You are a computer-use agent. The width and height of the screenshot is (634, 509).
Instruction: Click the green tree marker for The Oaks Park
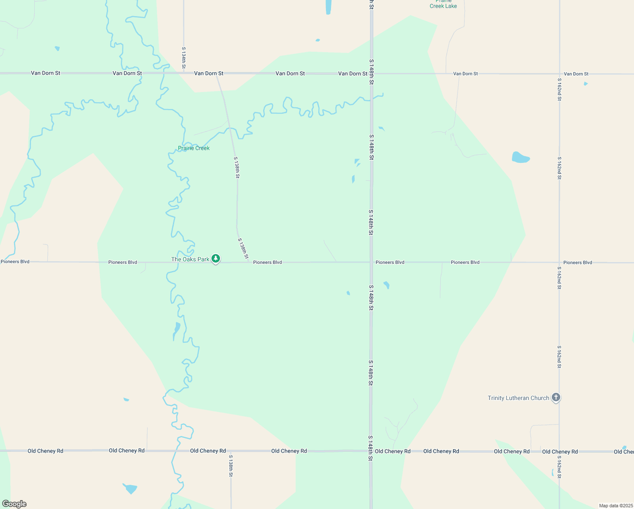216,258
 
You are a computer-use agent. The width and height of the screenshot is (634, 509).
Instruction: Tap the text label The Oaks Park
190,259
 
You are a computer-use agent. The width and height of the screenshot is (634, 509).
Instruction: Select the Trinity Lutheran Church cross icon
556,397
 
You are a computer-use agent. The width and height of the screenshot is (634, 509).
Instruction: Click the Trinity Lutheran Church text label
518,398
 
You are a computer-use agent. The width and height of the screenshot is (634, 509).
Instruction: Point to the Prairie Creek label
194,148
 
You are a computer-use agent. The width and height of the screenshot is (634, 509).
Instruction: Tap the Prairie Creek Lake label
443,4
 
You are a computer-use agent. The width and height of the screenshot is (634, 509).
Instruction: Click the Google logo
14,504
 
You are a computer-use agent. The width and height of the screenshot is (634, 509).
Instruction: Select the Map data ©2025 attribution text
615,506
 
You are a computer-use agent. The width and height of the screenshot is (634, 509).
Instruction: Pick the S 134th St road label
184,58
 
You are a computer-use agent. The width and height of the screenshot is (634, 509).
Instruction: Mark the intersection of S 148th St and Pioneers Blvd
371,262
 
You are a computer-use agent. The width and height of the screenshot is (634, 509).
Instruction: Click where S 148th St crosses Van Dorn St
371,73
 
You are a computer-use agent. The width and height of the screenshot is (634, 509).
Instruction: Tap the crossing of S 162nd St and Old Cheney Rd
559,451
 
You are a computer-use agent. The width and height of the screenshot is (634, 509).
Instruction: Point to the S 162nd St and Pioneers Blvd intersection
559,262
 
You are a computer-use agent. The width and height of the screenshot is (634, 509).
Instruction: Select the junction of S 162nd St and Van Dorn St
559,74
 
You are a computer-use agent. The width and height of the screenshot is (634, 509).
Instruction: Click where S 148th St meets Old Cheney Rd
371,451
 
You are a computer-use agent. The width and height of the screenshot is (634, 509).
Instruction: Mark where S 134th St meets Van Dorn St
184,73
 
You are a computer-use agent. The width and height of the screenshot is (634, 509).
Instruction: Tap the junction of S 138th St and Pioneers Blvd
249,262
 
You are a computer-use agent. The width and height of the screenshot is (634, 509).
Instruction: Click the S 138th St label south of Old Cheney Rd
231,466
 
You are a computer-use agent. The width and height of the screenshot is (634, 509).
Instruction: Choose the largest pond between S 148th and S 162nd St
520,157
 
